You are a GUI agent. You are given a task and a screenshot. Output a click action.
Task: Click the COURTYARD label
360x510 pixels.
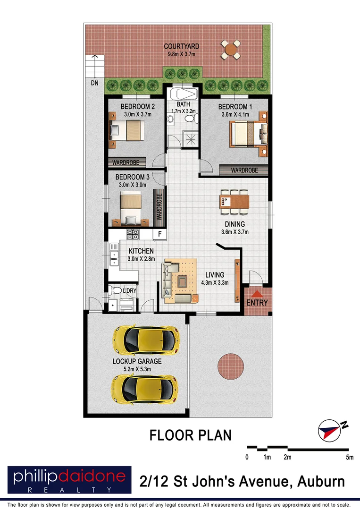click(181, 46)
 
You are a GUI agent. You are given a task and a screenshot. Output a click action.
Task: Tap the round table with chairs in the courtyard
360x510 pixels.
click(231, 49)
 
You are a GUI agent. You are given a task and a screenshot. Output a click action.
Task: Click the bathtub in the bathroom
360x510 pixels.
click(182, 94)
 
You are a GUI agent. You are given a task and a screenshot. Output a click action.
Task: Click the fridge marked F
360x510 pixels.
click(159, 234)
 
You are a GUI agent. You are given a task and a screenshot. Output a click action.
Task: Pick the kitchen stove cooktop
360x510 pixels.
click(133, 233)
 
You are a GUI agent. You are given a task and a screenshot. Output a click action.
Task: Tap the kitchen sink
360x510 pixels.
click(114, 252)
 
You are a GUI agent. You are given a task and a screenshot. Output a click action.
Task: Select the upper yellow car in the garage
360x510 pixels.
click(146, 339)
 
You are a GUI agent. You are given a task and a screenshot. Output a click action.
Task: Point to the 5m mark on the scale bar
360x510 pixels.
click(349, 457)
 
